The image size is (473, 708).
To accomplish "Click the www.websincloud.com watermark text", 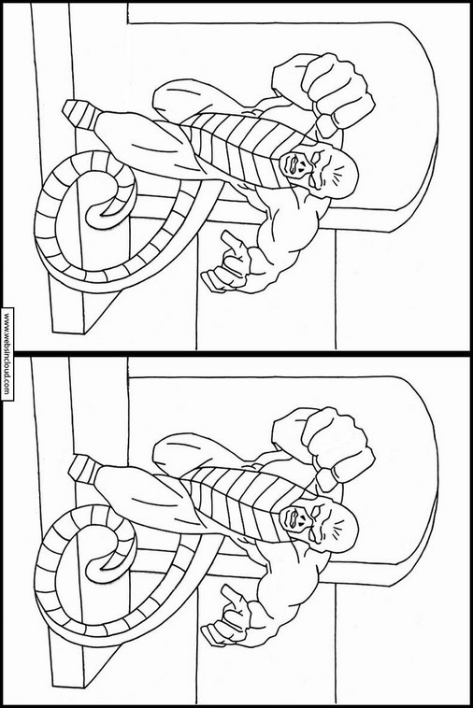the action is (7, 354).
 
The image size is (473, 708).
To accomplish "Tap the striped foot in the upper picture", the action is (80, 113).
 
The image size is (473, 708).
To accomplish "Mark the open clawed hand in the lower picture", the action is (227, 617).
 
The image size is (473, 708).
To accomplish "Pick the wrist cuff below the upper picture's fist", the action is (326, 125).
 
